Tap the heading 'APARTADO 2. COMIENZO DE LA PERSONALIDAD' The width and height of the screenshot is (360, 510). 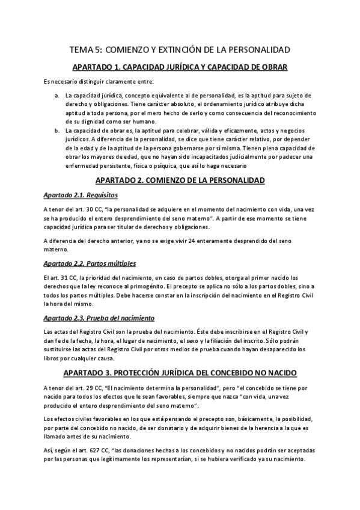(180, 180)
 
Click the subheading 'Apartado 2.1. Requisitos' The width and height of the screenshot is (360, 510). (81, 195)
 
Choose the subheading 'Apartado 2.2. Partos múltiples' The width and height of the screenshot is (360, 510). (90, 263)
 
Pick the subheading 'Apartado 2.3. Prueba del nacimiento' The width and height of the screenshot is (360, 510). (99, 318)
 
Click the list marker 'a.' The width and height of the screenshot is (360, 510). (56, 95)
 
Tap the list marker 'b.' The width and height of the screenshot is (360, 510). (56, 131)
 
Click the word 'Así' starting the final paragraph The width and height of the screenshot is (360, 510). (49, 450)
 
